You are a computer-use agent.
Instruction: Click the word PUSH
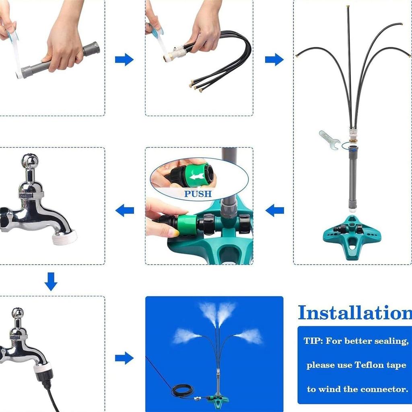[198, 194]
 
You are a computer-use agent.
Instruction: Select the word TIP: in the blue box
[313, 341]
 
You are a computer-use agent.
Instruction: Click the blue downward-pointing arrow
[51, 282]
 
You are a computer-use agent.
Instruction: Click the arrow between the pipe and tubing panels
[124, 60]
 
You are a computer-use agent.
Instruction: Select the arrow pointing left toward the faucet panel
[124, 210]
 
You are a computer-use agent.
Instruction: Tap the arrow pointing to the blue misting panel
[124, 358]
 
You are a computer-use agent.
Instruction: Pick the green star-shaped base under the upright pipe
[352, 235]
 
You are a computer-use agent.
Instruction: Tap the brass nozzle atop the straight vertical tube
[348, 7]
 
